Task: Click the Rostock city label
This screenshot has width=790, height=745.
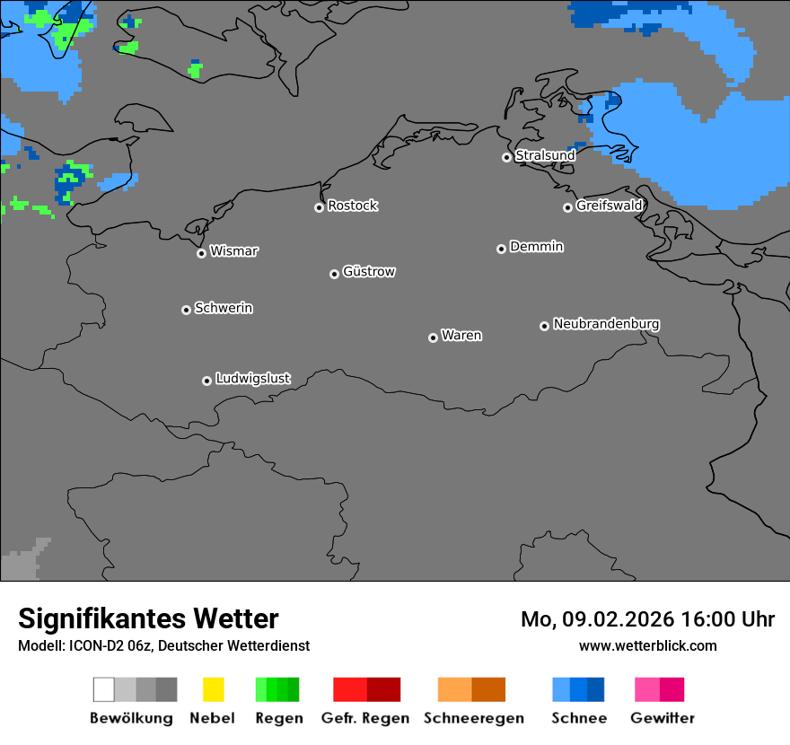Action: (353, 206)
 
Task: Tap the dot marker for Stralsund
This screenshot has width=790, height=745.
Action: (506, 157)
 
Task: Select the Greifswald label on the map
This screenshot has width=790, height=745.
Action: (610, 206)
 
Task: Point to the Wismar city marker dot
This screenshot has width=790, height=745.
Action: (201, 253)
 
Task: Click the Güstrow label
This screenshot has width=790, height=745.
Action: (369, 271)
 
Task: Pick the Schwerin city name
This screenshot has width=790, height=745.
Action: (224, 308)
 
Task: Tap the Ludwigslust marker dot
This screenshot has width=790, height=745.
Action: (206, 381)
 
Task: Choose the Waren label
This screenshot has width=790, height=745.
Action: (461, 336)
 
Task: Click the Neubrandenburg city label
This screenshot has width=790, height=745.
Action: (606, 324)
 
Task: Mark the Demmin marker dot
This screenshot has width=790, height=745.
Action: (501, 249)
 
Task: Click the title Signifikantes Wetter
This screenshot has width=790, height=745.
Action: (148, 618)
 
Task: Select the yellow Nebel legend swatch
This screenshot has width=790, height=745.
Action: (214, 689)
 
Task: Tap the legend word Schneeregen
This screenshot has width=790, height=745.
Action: (474, 718)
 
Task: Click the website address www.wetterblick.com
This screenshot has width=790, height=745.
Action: (648, 645)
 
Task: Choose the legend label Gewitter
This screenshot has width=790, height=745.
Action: (663, 718)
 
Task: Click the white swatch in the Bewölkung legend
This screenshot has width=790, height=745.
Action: (104, 689)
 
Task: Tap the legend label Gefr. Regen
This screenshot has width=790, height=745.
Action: (364, 718)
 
